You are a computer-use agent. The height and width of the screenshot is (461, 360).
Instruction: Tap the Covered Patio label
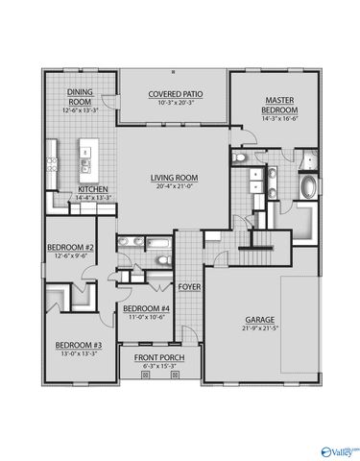coord(173,94)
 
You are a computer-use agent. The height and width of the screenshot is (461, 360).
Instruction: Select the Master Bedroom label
coord(280,105)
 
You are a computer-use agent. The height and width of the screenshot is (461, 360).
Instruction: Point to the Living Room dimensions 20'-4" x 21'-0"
coord(173,186)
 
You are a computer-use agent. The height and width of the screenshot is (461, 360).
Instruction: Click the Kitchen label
coord(93,189)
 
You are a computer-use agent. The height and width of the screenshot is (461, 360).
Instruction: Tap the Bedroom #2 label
coord(70,248)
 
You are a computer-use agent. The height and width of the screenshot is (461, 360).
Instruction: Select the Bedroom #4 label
coord(146,308)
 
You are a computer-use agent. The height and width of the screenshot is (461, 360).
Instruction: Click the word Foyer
coord(189,284)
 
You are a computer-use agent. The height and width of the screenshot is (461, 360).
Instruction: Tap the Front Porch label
coord(159,357)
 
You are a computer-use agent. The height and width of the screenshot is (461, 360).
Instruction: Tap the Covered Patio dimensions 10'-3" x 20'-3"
coord(173,102)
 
